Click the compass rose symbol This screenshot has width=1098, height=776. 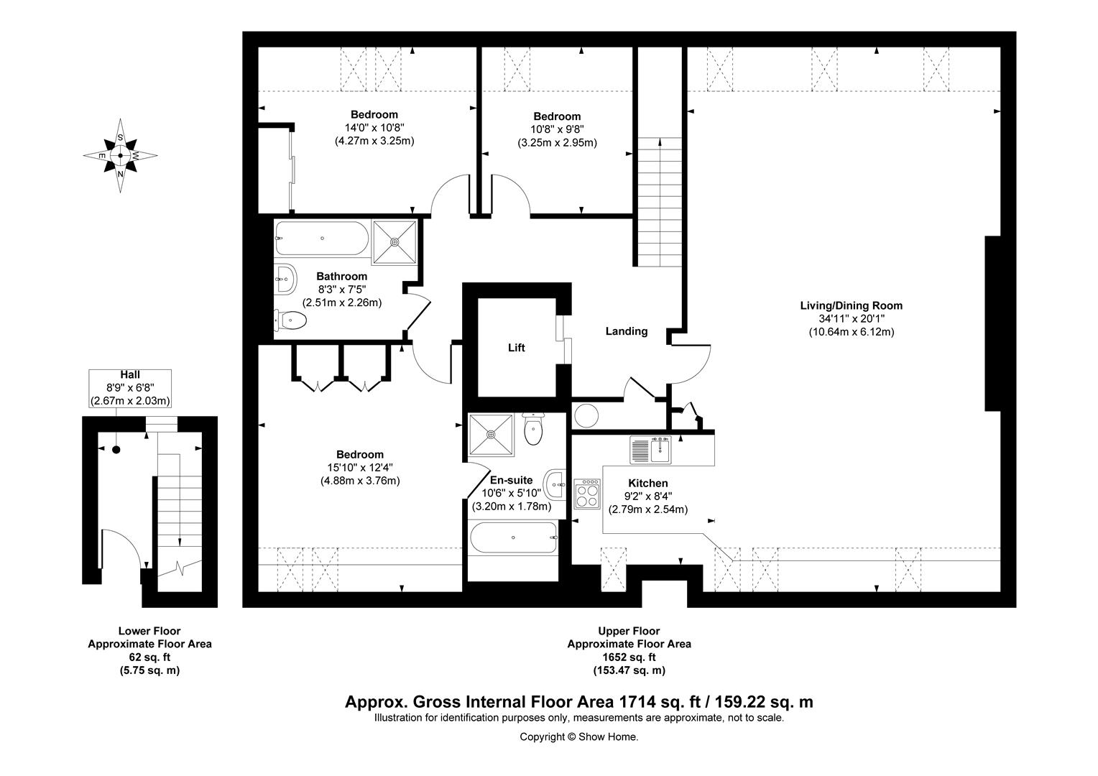[120, 155]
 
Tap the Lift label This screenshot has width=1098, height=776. [516, 348]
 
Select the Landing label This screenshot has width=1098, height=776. [626, 331]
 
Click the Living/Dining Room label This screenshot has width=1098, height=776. [851, 305]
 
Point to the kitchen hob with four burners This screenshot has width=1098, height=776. [587, 494]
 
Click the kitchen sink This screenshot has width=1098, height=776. [650, 450]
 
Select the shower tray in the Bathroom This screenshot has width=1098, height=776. [395, 241]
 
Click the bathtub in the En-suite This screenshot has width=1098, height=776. [512, 537]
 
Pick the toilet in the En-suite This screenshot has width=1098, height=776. [534, 430]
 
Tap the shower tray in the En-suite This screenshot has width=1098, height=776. [492, 434]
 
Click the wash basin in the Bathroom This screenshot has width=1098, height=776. [285, 278]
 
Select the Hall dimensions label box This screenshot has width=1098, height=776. [130, 388]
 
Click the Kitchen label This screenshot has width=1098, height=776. [647, 484]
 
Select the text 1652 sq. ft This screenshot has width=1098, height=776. [629, 657]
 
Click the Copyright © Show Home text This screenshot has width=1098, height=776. [578, 736]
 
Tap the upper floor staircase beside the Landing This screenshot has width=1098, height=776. [656, 201]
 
